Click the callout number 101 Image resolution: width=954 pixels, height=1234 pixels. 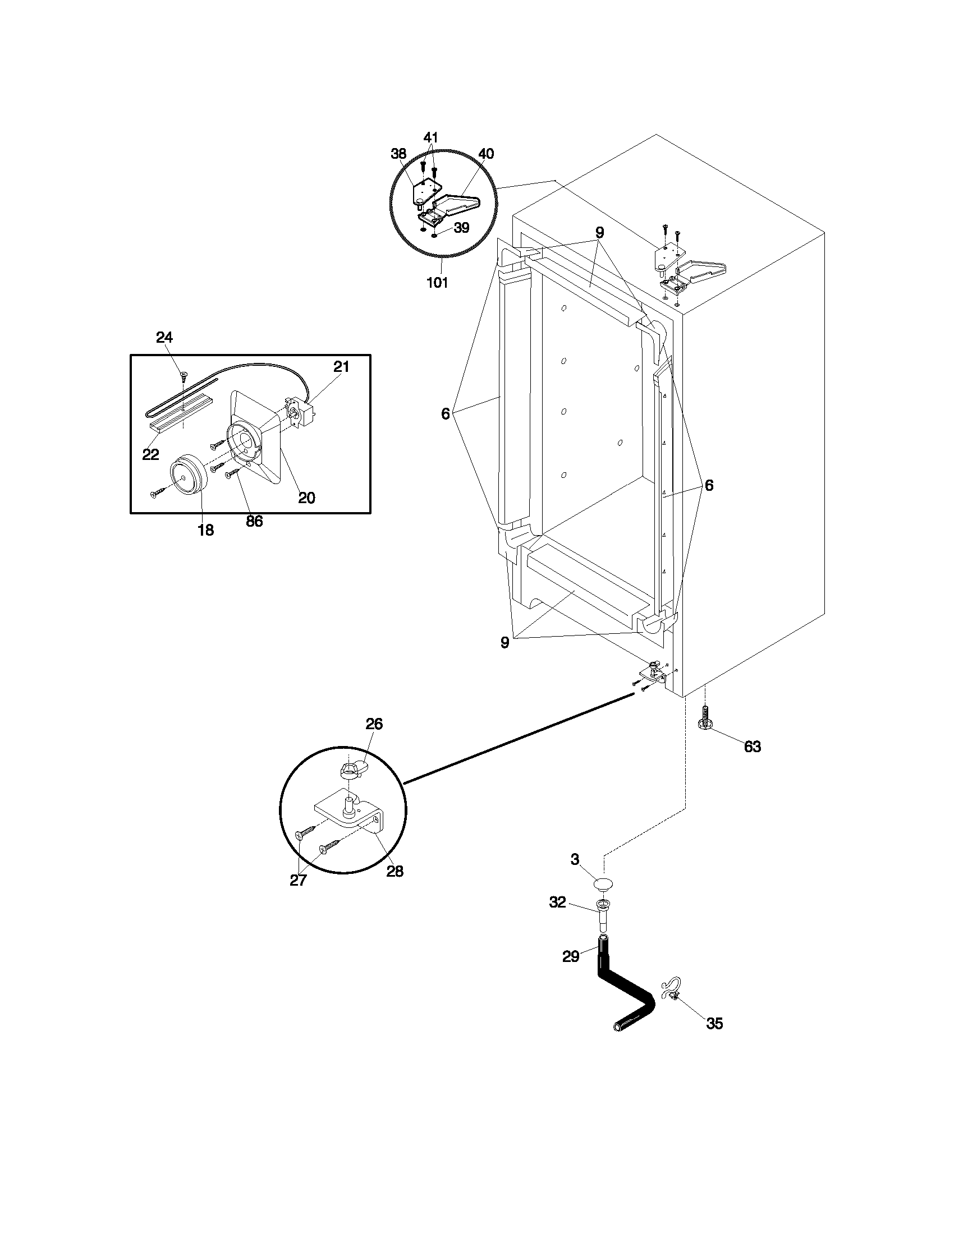tap(437, 283)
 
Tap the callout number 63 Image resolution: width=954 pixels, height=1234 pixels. tap(752, 747)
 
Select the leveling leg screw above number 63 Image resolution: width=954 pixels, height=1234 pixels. tap(705, 718)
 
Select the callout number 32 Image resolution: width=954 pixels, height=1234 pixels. tap(557, 903)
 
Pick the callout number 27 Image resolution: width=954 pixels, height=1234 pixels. tap(298, 880)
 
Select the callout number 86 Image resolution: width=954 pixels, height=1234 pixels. tap(254, 521)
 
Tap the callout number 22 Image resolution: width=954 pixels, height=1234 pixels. tap(150, 454)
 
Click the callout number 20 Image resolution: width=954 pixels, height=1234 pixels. tap(306, 498)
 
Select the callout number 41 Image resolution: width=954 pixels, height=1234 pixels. tap(430, 137)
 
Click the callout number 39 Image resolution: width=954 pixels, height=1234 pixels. tap(461, 228)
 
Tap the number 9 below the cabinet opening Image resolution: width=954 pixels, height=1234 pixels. tap(504, 642)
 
